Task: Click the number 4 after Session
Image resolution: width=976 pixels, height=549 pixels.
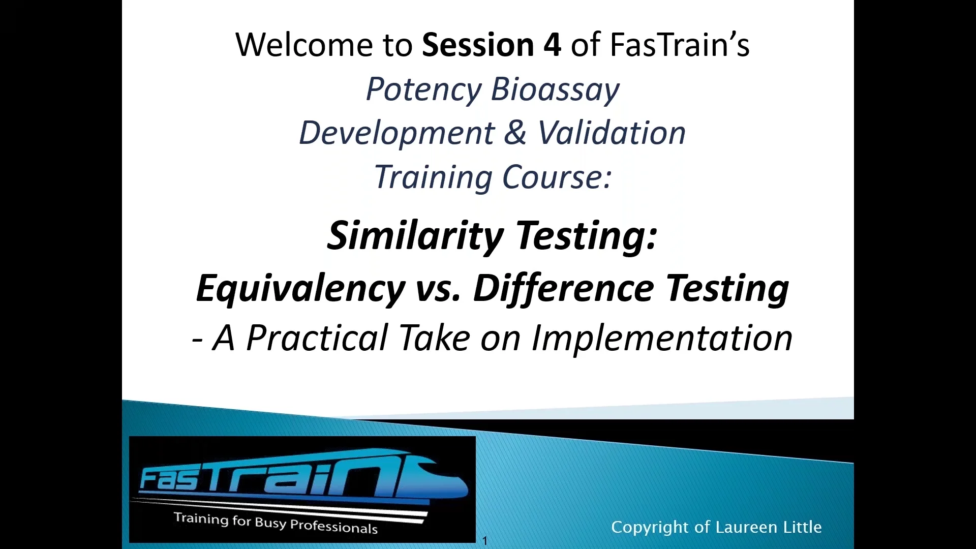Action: pyautogui.click(x=552, y=45)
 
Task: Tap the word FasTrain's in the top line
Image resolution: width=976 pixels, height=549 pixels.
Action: pyautogui.click(x=679, y=45)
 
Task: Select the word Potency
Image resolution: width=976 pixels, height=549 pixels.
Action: pyautogui.click(x=423, y=90)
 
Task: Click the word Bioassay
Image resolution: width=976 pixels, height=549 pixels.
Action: pyautogui.click(x=555, y=90)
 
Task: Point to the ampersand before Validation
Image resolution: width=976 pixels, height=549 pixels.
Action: pyautogui.click(x=515, y=133)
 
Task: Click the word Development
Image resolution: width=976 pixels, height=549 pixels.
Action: pyautogui.click(x=396, y=133)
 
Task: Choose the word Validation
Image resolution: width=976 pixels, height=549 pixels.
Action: pyautogui.click(x=612, y=133)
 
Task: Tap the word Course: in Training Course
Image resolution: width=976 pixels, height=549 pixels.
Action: pyautogui.click(x=557, y=177)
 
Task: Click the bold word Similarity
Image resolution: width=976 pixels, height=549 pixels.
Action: pyautogui.click(x=415, y=236)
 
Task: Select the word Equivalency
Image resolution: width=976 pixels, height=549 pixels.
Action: pyautogui.click(x=300, y=288)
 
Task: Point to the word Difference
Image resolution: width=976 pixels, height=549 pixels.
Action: pyautogui.click(x=563, y=288)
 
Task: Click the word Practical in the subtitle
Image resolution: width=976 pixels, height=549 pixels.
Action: pyautogui.click(x=317, y=338)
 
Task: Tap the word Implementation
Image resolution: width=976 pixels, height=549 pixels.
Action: pyautogui.click(x=662, y=338)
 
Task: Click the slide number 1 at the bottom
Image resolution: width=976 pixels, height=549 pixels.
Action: pyautogui.click(x=485, y=541)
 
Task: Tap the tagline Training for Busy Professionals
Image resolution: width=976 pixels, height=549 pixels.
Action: pyautogui.click(x=276, y=523)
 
